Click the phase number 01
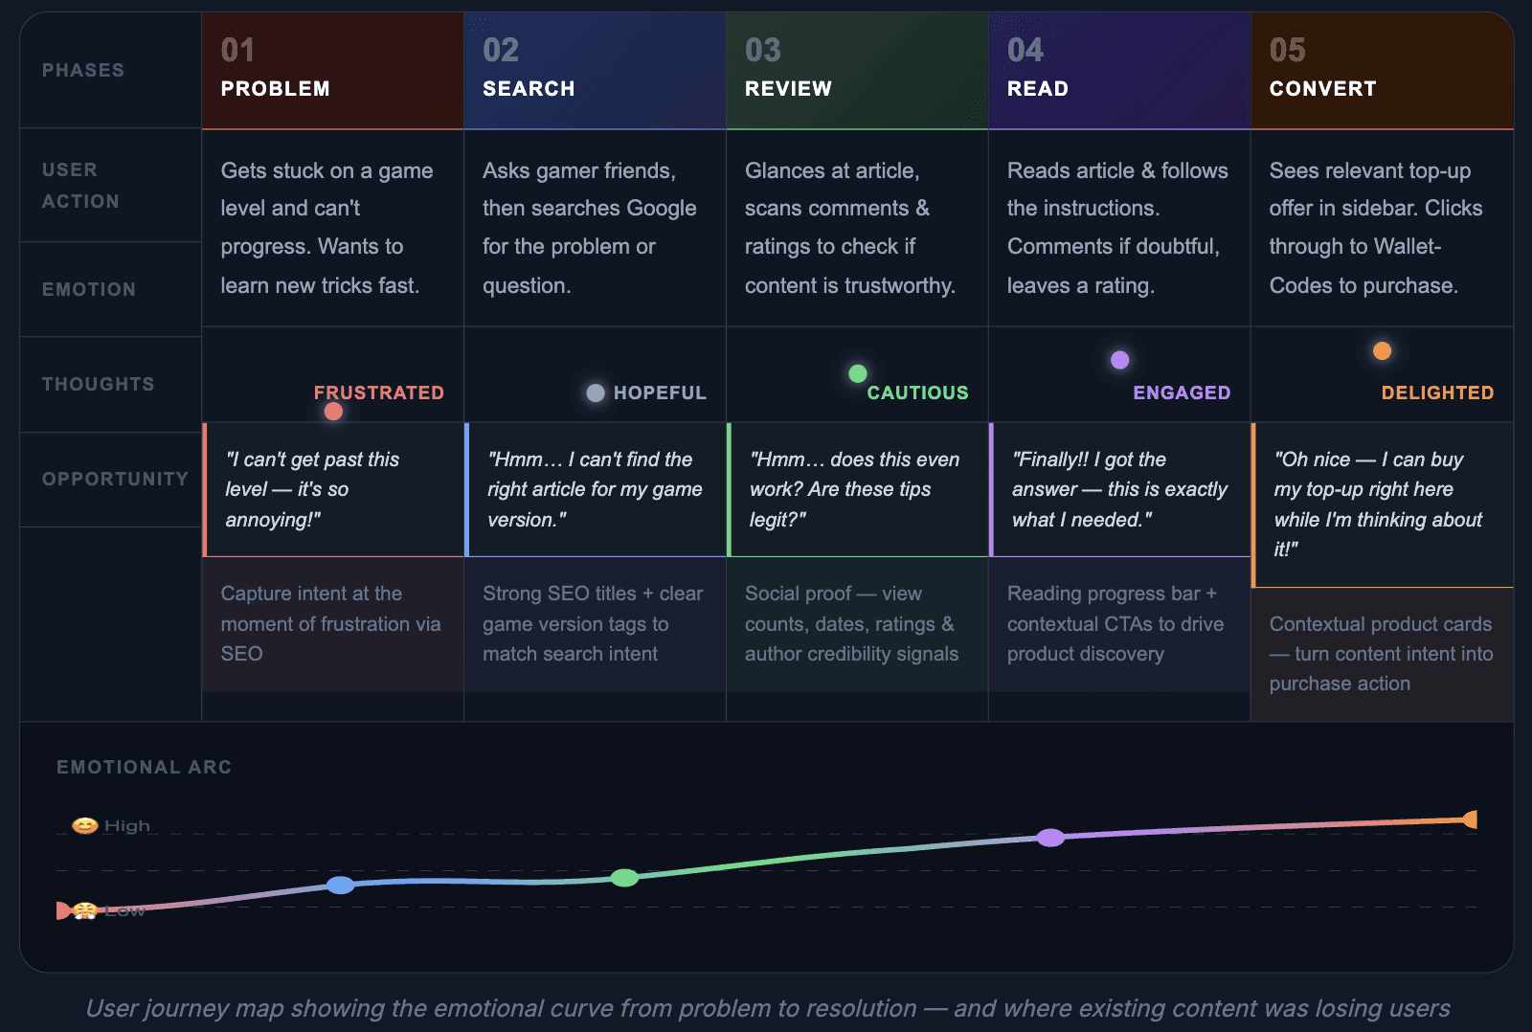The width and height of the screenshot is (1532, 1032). pyautogui.click(x=238, y=50)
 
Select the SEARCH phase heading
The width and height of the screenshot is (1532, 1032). pyautogui.click(x=529, y=88)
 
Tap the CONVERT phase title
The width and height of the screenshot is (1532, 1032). pyautogui.click(x=1322, y=88)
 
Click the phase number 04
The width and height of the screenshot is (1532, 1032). pyautogui.click(x=1025, y=50)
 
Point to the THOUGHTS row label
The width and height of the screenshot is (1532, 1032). pyautogui.click(x=99, y=384)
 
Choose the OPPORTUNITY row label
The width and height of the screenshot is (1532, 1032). pyautogui.click(x=116, y=479)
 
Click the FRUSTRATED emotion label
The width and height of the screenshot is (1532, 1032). pyautogui.click(x=379, y=393)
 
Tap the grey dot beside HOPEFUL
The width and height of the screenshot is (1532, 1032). pyautogui.click(x=596, y=393)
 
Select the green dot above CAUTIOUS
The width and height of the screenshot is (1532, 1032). pyautogui.click(x=858, y=373)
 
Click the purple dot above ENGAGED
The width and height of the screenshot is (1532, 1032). pyautogui.click(x=1119, y=360)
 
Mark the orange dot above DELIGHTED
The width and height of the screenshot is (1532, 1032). pyautogui.click(x=1383, y=350)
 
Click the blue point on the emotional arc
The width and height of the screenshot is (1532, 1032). pyautogui.click(x=341, y=885)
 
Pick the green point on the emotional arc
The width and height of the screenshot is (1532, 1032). pyautogui.click(x=624, y=878)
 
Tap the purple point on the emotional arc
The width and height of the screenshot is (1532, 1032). pyautogui.click(x=1050, y=837)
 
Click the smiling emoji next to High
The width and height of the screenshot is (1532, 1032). pyautogui.click(x=85, y=825)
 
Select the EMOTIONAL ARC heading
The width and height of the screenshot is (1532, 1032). pyautogui.click(x=145, y=768)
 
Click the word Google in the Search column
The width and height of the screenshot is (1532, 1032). pyautogui.click(x=662, y=208)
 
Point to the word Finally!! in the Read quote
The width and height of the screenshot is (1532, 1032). pyautogui.click(x=1050, y=460)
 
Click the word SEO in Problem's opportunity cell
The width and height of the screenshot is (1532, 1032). pyautogui.click(x=241, y=654)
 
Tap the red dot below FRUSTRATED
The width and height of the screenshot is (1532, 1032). pyautogui.click(x=333, y=412)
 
